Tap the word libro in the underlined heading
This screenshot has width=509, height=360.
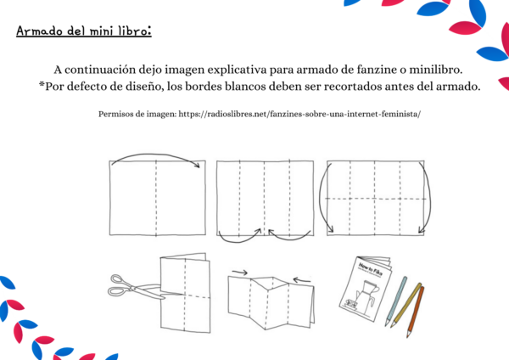(135, 31)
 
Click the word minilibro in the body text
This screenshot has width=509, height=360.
(436, 70)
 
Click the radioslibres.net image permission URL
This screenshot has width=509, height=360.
(299, 114)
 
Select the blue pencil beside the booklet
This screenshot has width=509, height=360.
(395, 301)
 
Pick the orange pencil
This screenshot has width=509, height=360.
(416, 312)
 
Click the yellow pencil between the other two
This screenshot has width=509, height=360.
(406, 305)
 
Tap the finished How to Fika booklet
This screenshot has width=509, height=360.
(365, 289)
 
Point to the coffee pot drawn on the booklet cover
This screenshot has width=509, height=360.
(367, 295)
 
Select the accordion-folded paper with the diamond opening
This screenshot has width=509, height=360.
(271, 303)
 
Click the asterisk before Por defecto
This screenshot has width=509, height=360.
(42, 84)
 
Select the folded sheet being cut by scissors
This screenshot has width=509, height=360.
(185, 293)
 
